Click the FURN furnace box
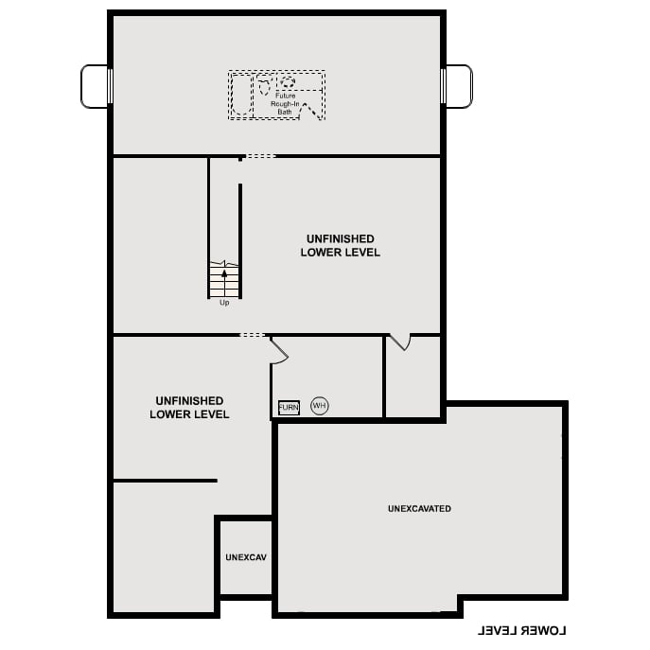click(289, 408)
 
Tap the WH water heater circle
click(319, 406)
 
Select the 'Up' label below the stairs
click(224, 303)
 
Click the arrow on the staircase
click(224, 275)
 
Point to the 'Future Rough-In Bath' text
click(285, 103)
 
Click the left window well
click(96, 86)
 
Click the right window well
click(458, 86)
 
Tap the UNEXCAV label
click(246, 557)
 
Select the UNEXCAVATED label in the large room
click(419, 509)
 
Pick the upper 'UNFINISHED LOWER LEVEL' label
click(341, 246)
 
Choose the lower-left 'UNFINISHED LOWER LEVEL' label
click(189, 408)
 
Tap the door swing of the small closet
click(400, 342)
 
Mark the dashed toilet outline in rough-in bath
click(273, 84)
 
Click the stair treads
click(224, 282)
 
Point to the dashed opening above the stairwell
click(261, 156)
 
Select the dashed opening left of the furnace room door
click(253, 335)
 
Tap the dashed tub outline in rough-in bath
click(241, 95)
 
